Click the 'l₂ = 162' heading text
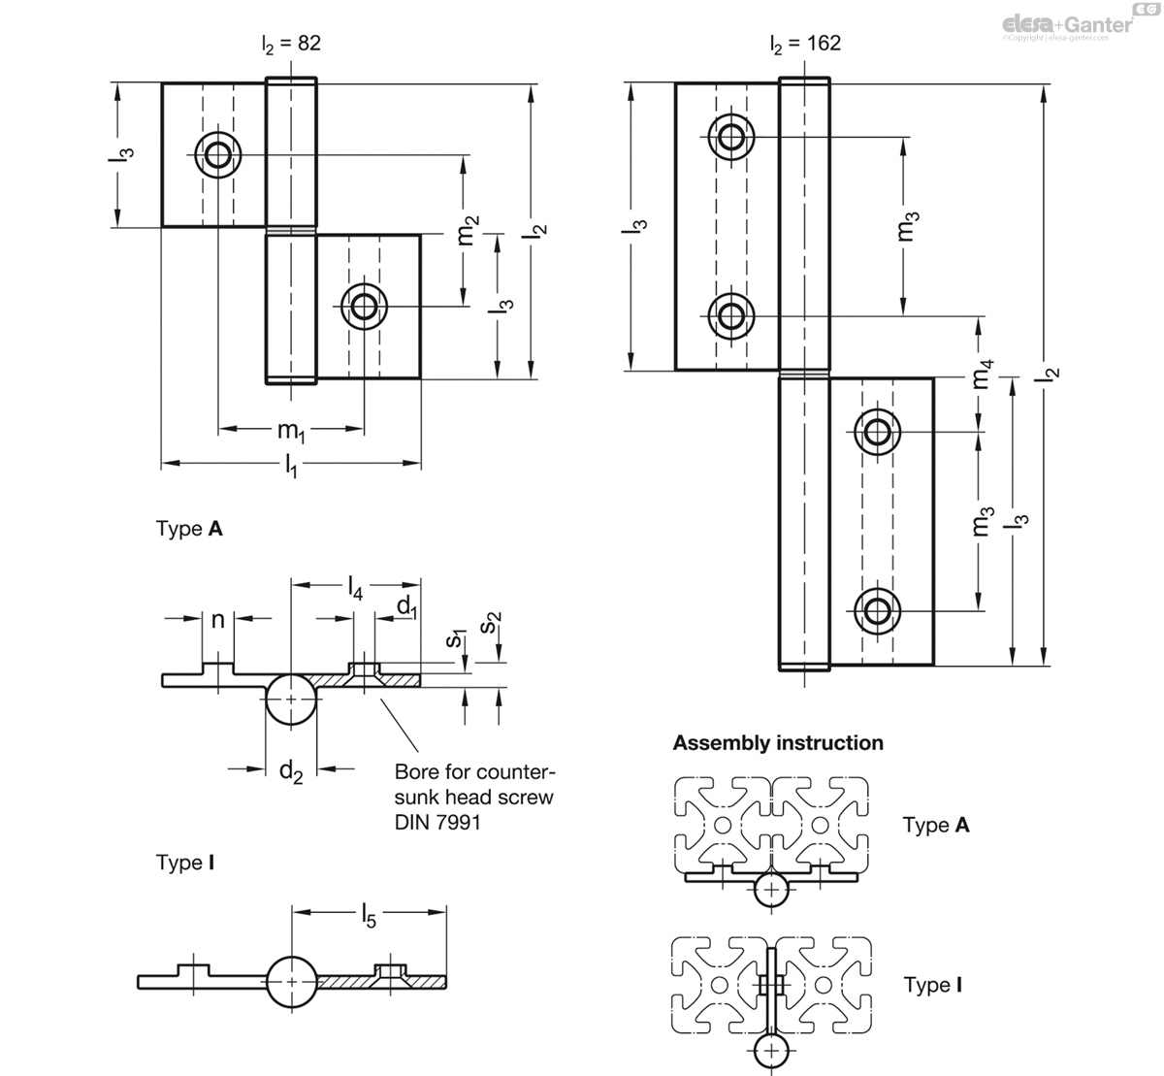[805, 44]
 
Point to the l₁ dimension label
[291, 469]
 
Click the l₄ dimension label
[355, 587]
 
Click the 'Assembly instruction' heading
[778, 743]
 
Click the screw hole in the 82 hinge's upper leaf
[218, 154]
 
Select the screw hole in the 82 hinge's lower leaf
[365, 307]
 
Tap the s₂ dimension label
[494, 623]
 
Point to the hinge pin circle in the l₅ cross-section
[291, 981]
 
